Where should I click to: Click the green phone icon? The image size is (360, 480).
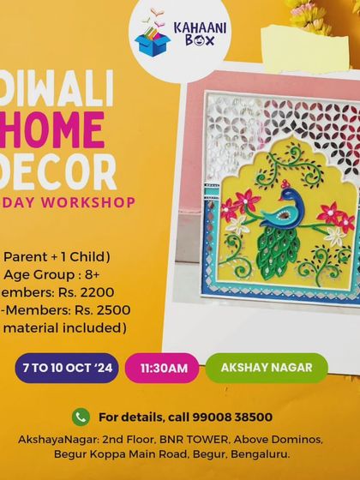click(x=81, y=417)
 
